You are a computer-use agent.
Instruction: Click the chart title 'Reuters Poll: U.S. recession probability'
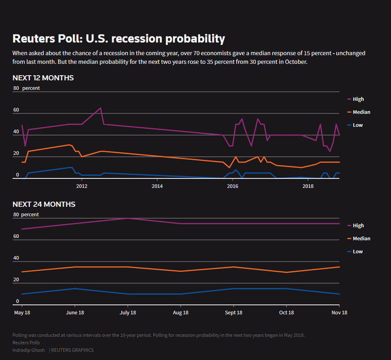pos(119,39)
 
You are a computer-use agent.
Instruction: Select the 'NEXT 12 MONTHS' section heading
pos(43,78)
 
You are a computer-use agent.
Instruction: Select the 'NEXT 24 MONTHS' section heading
pos(44,204)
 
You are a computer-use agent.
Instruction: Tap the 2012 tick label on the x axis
pos(81,186)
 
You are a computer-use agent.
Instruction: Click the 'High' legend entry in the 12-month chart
pos(358,99)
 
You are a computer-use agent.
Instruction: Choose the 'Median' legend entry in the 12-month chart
pos(361,112)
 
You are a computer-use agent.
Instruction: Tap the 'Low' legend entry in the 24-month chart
pos(358,251)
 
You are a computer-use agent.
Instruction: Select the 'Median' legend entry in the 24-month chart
pos(361,238)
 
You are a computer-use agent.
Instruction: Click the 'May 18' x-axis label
pos(21,312)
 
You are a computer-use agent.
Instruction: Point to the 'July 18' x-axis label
pos(127,312)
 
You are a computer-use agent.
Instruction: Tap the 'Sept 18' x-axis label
pos(234,312)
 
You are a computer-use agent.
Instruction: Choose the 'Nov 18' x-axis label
pos(339,312)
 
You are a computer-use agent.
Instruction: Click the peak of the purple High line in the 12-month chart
pos(101,108)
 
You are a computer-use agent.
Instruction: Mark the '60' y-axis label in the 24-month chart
pos(16,236)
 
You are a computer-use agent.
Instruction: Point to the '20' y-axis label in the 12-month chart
pos(16,153)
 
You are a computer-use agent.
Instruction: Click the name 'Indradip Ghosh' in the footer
pos(29,350)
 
